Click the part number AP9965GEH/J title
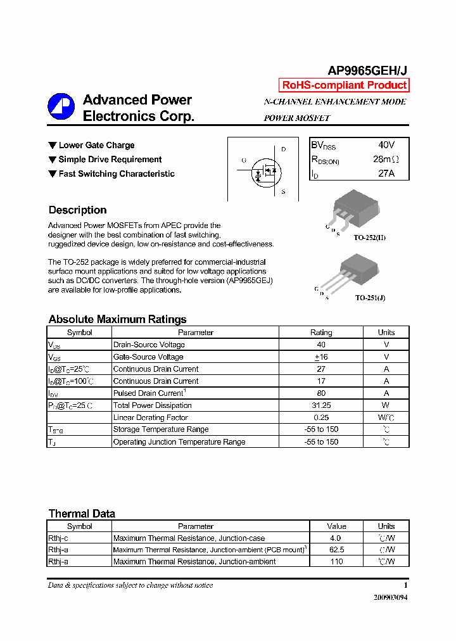click(367, 71)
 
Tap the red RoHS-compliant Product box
click(344, 86)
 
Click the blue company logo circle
click(61, 106)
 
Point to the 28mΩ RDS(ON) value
click(386, 160)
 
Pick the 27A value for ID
click(385, 173)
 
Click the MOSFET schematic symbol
click(267, 170)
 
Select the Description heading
click(77, 210)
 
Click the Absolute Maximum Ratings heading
click(117, 319)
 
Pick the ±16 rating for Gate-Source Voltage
click(321, 357)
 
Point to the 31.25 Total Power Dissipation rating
click(321, 405)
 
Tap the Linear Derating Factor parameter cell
click(150, 417)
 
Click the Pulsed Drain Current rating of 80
click(321, 393)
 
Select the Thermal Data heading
click(82, 514)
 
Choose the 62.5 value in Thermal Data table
click(336, 550)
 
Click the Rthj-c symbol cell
click(59, 538)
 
